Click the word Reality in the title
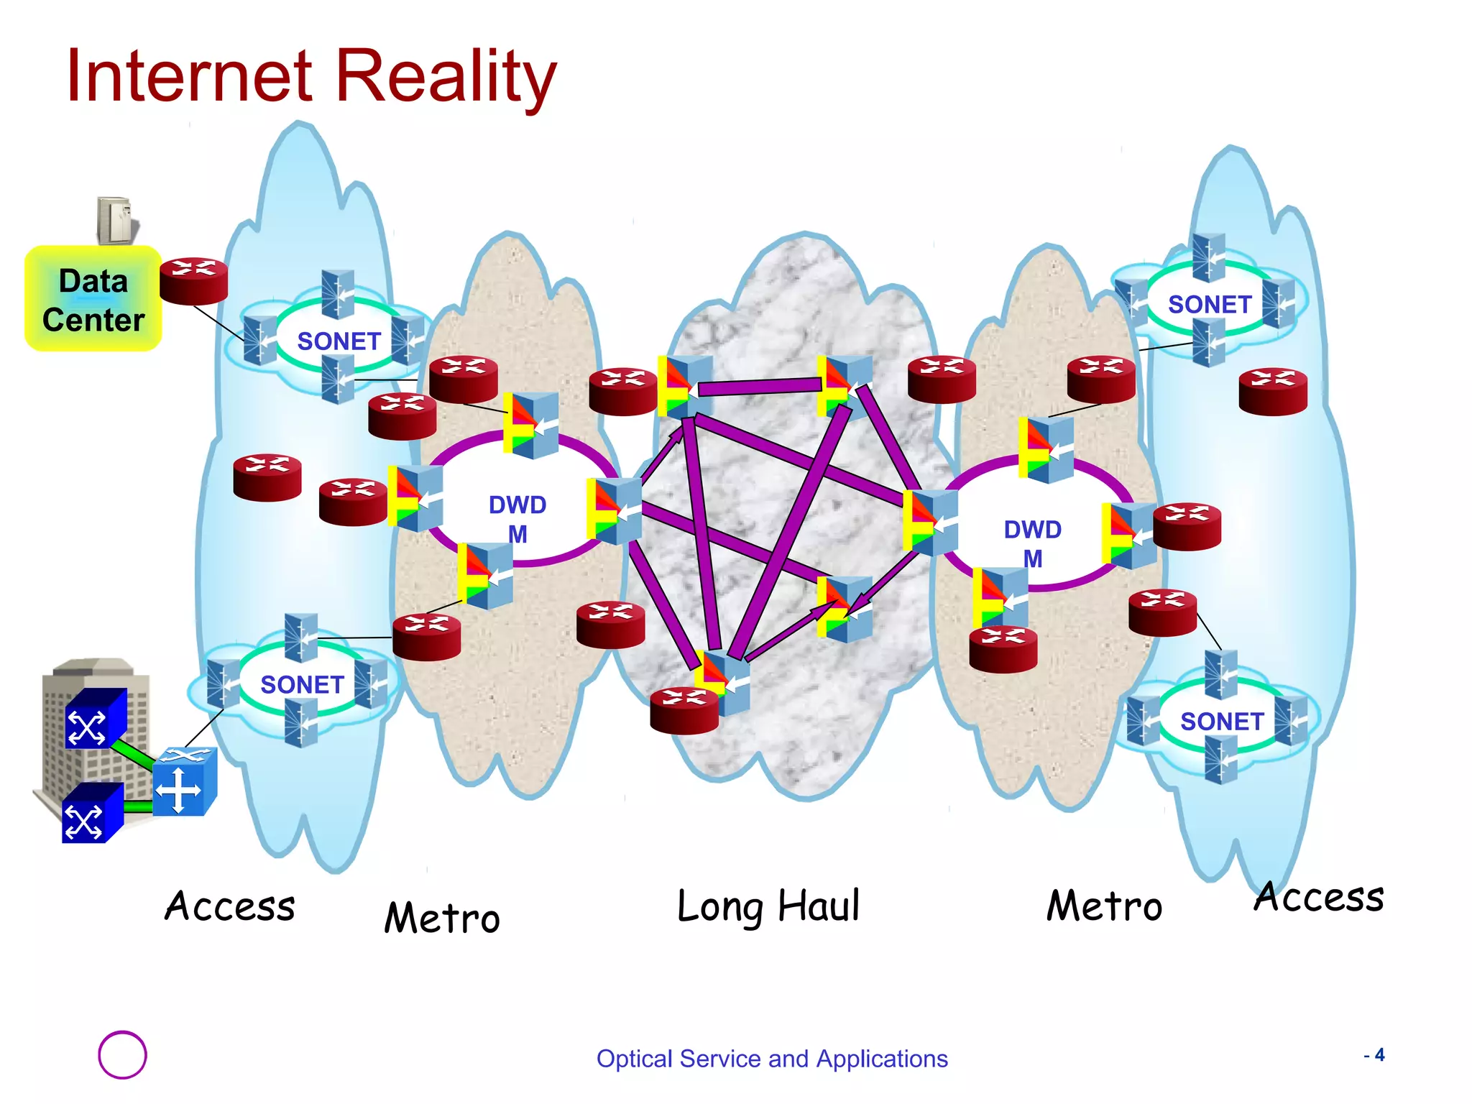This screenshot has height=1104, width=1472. (446, 75)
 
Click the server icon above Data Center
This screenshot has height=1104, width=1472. (117, 220)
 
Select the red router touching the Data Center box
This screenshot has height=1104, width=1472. (193, 281)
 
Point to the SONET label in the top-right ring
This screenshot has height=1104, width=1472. (1210, 305)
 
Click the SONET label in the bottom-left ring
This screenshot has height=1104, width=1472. (302, 685)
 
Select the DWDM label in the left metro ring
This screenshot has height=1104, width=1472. (517, 519)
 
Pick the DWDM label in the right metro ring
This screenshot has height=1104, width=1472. (1032, 543)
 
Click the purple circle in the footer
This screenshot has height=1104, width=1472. (122, 1054)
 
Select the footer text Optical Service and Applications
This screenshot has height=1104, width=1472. (772, 1059)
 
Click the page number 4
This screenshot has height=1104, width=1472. (1379, 1055)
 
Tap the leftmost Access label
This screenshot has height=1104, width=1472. (230, 906)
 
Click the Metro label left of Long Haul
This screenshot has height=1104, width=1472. (442, 918)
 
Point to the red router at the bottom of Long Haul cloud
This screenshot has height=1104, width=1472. (684, 711)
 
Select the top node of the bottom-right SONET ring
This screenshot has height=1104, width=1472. (1220, 674)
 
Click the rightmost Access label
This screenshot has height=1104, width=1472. (1319, 897)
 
